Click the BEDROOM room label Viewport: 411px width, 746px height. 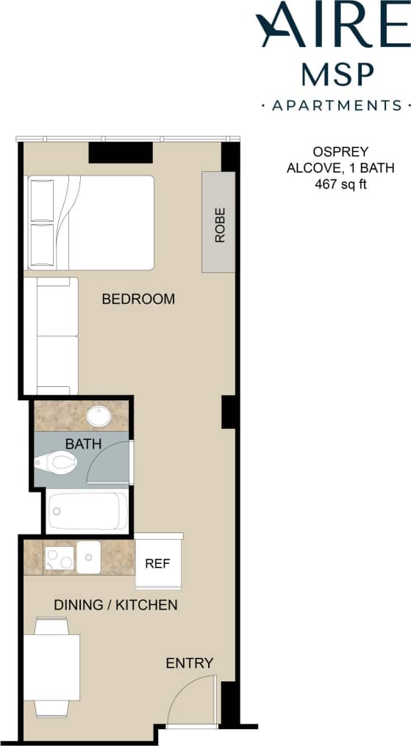click(138, 299)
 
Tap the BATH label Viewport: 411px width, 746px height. click(83, 443)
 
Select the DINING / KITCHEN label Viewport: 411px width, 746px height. click(115, 605)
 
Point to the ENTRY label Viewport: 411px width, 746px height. click(189, 663)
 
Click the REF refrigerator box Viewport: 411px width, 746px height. click(158, 564)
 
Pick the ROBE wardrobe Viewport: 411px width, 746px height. click(218, 223)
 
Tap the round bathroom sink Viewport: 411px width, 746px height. click(99, 416)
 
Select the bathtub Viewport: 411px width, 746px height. click(86, 511)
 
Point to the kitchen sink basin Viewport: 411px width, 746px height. click(88, 557)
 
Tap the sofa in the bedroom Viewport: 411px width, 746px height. click(51, 336)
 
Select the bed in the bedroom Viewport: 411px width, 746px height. click(90, 222)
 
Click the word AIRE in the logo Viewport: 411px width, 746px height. click(329, 26)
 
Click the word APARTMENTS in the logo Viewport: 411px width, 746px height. click(337, 105)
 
